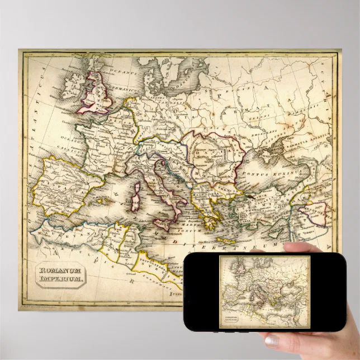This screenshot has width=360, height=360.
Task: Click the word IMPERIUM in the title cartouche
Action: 61,279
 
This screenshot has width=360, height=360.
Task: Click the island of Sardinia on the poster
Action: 134,201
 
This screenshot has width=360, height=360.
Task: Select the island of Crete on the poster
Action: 226,240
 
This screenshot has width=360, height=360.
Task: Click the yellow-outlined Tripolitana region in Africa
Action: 157,263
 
